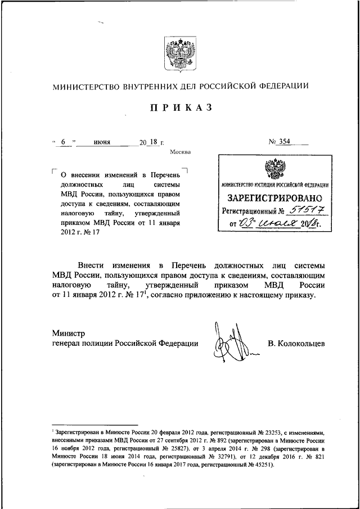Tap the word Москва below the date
point(180,152)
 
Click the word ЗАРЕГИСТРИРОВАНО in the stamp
point(275,197)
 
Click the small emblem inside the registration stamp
point(275,169)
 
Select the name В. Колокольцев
point(296,343)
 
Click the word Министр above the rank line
point(68,334)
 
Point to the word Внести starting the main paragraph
point(92,265)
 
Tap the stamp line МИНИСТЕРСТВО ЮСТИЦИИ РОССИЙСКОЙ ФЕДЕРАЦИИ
point(275,185)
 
